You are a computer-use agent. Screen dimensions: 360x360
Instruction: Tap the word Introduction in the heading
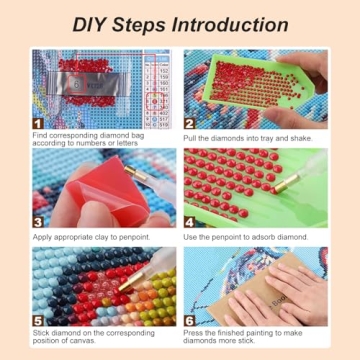(233, 25)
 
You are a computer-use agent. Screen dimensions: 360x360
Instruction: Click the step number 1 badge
(40, 122)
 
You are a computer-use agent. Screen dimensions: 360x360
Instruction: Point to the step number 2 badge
(190, 122)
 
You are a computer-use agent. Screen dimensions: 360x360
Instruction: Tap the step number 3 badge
(40, 221)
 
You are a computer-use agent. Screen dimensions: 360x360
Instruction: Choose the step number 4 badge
(190, 221)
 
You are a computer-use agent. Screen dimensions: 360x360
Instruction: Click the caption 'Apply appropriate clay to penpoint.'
(91, 236)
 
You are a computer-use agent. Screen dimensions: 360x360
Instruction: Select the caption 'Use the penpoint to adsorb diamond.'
(244, 236)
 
